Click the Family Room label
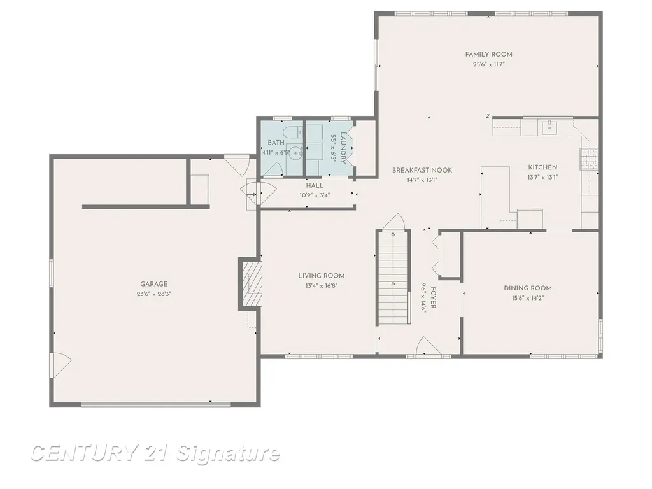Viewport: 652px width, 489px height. [x=488, y=55]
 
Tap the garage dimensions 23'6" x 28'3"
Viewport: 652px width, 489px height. [x=154, y=294]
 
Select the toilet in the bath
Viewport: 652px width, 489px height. [x=293, y=132]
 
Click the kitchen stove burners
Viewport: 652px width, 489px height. [x=589, y=159]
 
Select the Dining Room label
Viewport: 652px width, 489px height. [x=528, y=288]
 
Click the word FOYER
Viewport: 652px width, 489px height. [x=433, y=298]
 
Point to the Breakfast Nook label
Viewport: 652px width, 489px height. [x=422, y=170]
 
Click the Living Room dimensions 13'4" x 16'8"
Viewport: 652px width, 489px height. [x=322, y=286]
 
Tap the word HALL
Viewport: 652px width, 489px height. [x=315, y=185]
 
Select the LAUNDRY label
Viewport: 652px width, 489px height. [x=343, y=148]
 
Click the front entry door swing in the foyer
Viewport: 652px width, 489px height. [x=429, y=346]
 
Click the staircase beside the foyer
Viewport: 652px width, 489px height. [x=393, y=278]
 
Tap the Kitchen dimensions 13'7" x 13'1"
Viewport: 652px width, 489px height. [x=542, y=177]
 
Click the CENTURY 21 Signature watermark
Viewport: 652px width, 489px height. [x=155, y=453]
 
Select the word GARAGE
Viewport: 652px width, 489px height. [x=154, y=284]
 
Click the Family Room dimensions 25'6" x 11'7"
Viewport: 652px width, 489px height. [x=488, y=64]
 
